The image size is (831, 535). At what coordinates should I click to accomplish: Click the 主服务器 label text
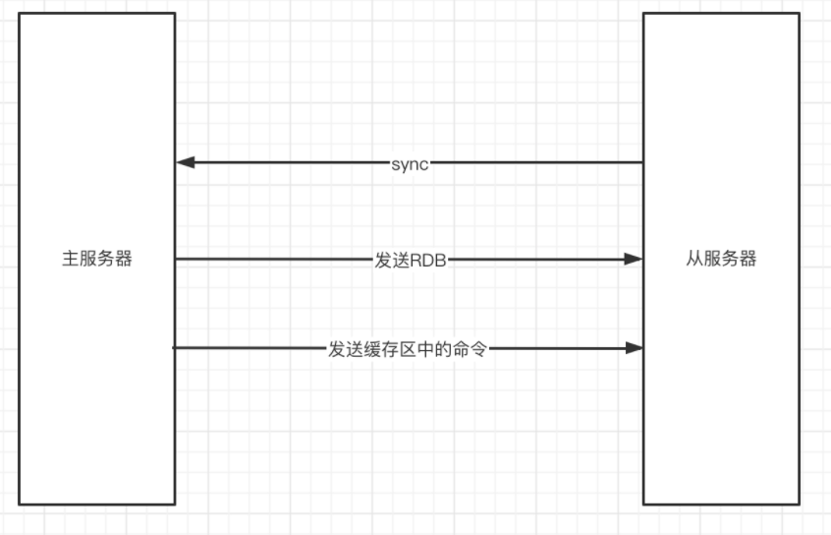97,260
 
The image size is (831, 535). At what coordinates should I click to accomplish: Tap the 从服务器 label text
721,260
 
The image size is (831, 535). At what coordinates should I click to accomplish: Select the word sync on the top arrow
410,163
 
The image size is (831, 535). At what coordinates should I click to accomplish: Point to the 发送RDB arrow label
410,260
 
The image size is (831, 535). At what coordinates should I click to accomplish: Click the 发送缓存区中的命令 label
408,348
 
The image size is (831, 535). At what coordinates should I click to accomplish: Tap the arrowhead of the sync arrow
184,162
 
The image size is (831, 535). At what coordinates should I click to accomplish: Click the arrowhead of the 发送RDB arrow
635,259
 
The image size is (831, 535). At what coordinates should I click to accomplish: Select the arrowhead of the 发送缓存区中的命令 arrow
635,347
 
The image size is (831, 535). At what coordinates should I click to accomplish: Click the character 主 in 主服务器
69,260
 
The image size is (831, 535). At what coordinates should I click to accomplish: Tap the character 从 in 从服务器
693,260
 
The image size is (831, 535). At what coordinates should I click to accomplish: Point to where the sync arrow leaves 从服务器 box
643,162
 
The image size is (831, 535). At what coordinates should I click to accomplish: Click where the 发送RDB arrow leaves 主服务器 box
175,259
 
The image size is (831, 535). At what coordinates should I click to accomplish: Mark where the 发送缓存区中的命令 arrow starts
175,347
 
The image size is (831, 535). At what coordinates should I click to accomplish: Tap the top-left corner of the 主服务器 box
20,14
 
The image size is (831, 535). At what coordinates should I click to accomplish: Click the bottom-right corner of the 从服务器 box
800,505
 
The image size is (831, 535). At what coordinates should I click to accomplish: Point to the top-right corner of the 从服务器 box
800,14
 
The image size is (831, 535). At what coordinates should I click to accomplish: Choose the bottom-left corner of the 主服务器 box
20,505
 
